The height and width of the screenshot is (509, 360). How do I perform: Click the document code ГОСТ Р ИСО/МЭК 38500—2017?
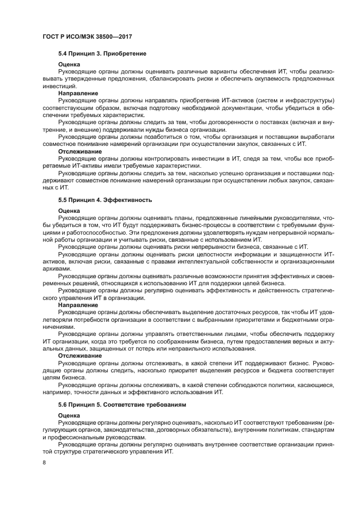click(x=88, y=36)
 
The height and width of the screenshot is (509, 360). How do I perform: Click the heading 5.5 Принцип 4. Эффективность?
click(x=105, y=200)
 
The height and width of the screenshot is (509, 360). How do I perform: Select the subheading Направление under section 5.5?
click(x=78, y=305)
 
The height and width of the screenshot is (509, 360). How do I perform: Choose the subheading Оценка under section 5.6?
click(x=69, y=415)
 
